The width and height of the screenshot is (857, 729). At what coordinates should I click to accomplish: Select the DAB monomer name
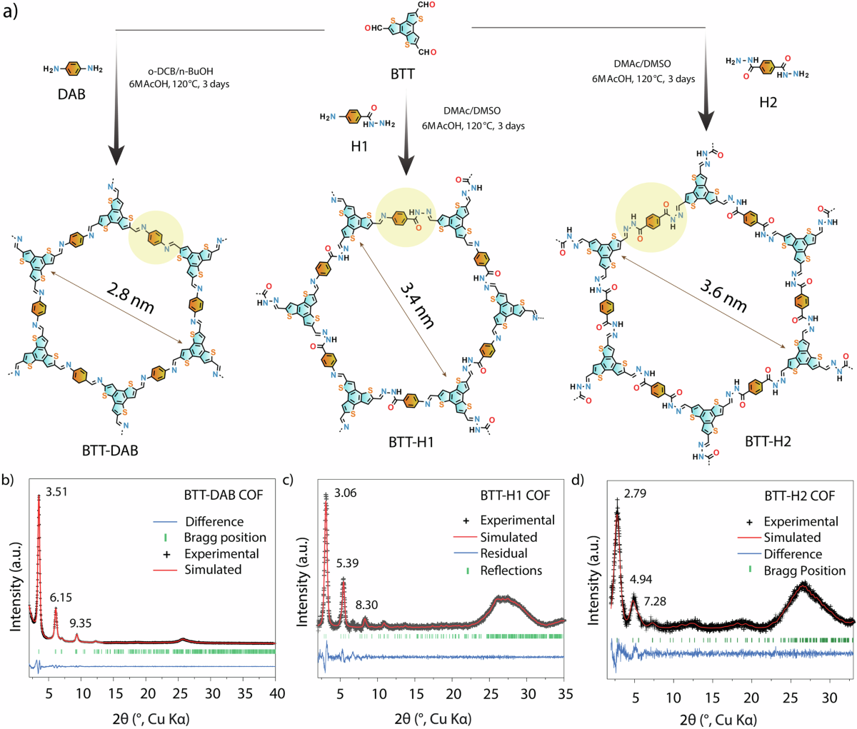coord(71,94)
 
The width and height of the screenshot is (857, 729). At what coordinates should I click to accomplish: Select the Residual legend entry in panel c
coord(503,553)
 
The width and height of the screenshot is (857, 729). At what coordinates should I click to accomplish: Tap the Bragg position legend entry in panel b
coord(225,538)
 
